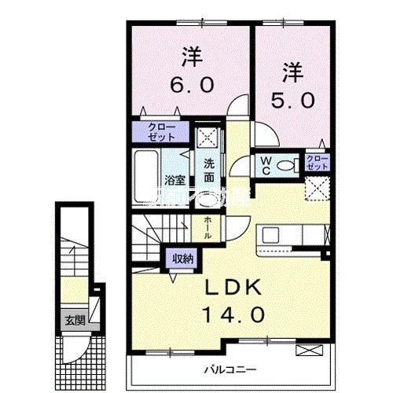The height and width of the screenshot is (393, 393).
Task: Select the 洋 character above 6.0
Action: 190,57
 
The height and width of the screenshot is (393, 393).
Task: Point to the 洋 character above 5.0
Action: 292,74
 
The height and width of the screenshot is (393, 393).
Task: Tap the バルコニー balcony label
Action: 228,368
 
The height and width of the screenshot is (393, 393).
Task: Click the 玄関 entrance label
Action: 75,320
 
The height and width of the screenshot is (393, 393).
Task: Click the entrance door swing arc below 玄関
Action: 79,346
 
